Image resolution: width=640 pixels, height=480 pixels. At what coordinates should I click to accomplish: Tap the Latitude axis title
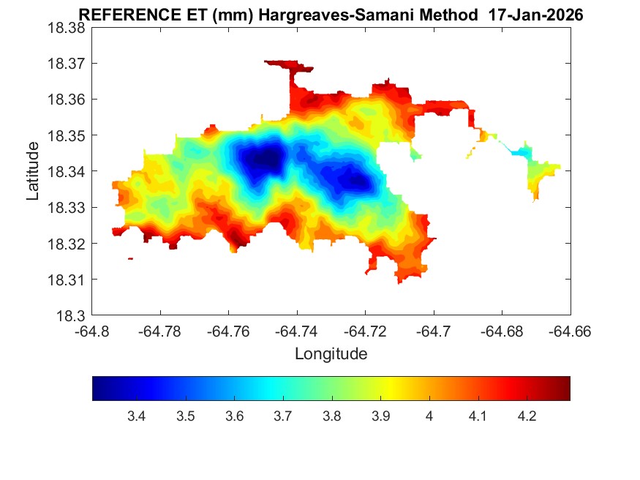[x=33, y=172]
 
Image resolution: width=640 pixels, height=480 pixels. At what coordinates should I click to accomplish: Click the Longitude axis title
[x=331, y=354]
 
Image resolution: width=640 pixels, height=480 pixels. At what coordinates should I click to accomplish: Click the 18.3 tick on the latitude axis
[x=72, y=316]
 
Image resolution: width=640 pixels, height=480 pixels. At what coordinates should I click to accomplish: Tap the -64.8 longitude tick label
[x=93, y=331]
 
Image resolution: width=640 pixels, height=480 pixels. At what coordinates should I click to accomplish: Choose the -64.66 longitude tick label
[x=570, y=331]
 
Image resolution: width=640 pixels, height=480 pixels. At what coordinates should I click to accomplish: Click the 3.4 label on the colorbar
[x=136, y=416]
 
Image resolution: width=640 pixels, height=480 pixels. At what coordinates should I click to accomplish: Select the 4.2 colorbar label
[x=527, y=416]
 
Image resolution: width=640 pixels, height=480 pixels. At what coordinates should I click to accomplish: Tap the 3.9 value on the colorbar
[x=380, y=416]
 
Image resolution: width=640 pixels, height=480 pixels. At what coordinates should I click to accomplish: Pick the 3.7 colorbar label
[x=282, y=416]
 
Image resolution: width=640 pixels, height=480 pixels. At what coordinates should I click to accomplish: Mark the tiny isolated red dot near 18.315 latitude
[x=130, y=258]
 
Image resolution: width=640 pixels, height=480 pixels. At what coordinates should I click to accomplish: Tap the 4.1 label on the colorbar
[x=478, y=416]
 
